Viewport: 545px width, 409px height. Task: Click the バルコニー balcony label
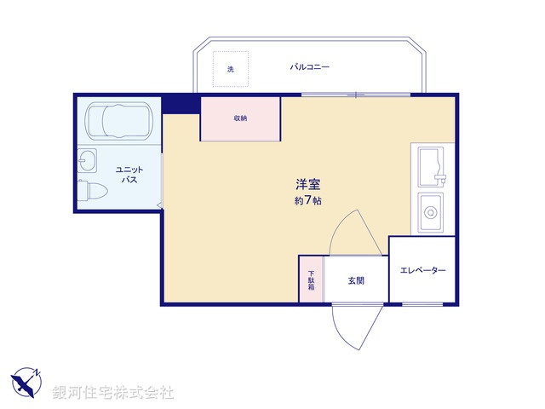click(x=309, y=66)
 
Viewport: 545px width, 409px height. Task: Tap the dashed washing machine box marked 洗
click(x=230, y=69)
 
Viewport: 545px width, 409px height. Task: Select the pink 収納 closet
click(x=240, y=118)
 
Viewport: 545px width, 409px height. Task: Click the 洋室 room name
click(x=307, y=183)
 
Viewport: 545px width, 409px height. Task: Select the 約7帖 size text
click(x=307, y=200)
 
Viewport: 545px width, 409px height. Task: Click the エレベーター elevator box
click(x=422, y=270)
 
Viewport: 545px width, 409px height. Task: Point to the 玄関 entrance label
click(x=356, y=279)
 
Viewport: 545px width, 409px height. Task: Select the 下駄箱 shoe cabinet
click(x=311, y=279)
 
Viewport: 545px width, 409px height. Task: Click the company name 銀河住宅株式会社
click(x=112, y=392)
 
